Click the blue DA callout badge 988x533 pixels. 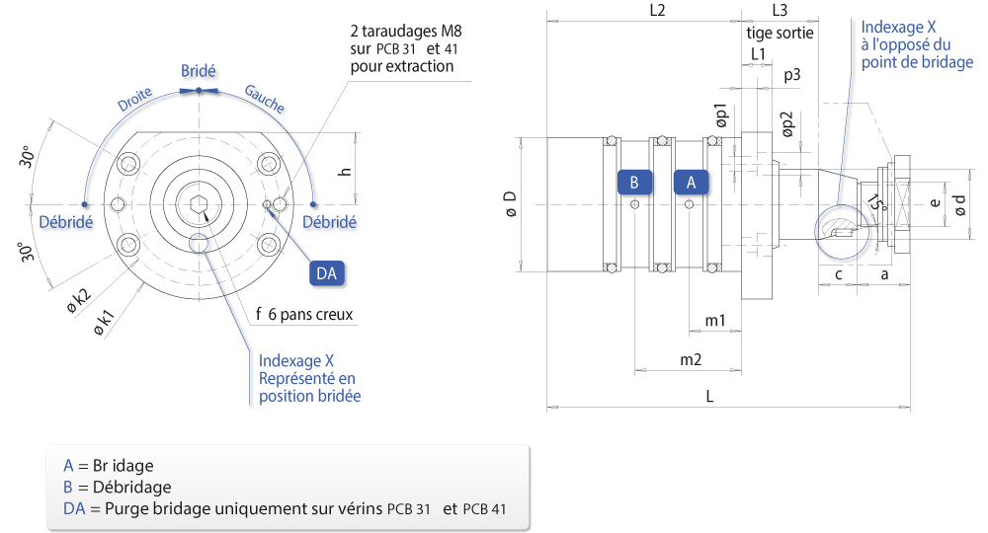pos(326,273)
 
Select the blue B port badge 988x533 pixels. pos(634,183)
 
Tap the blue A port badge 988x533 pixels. pos(691,183)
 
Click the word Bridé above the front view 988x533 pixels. pos(199,71)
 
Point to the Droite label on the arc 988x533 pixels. pos(134,99)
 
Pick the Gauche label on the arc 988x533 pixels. pos(265,99)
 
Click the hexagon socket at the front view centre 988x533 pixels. pos(200,204)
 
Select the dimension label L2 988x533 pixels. pos(657,10)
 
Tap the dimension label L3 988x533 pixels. pos(780,10)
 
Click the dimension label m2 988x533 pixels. pos(691,359)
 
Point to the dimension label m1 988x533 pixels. pos(715,321)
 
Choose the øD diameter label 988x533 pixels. pos(511,204)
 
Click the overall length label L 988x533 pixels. pos(709,396)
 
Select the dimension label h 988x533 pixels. pos(345,172)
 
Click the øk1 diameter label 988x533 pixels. pos(104,322)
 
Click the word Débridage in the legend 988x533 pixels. pos(131,487)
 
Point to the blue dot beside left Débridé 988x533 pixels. pos(84,204)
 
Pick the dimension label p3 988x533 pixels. pos(792,76)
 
